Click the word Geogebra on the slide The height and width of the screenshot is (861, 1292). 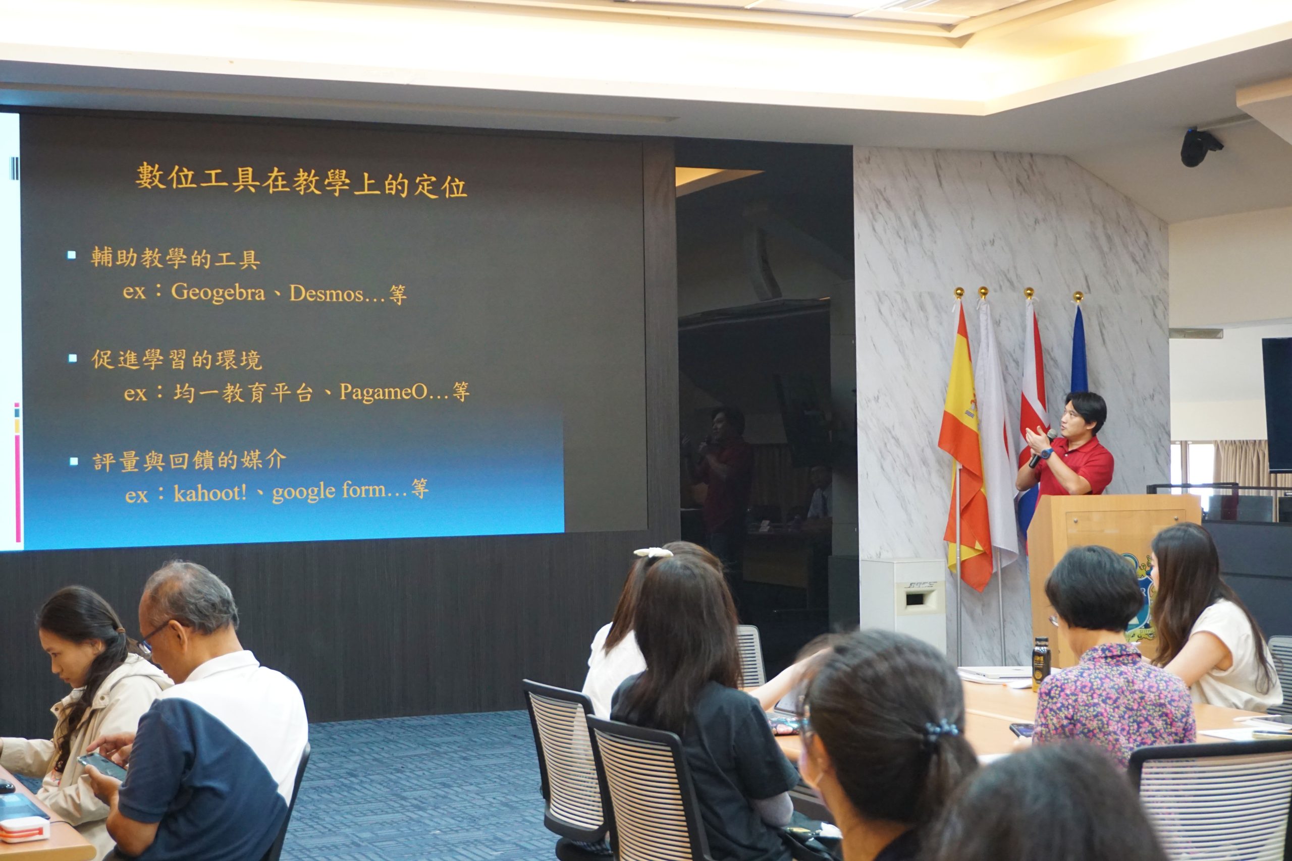coord(218,292)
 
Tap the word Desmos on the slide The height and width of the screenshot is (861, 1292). coord(327,293)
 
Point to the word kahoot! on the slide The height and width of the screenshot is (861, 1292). coord(210,493)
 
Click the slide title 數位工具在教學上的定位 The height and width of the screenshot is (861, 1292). coord(301,180)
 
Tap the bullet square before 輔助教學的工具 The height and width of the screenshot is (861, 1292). coord(71,255)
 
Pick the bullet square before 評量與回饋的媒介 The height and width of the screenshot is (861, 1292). coord(74,461)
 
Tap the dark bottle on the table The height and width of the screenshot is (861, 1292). coord(1040,663)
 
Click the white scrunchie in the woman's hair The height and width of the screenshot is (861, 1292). coord(653,552)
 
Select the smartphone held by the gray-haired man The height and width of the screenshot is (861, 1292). coord(101,766)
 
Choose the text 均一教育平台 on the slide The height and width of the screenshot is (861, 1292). coord(243,392)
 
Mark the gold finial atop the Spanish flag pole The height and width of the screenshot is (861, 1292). coord(959,293)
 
